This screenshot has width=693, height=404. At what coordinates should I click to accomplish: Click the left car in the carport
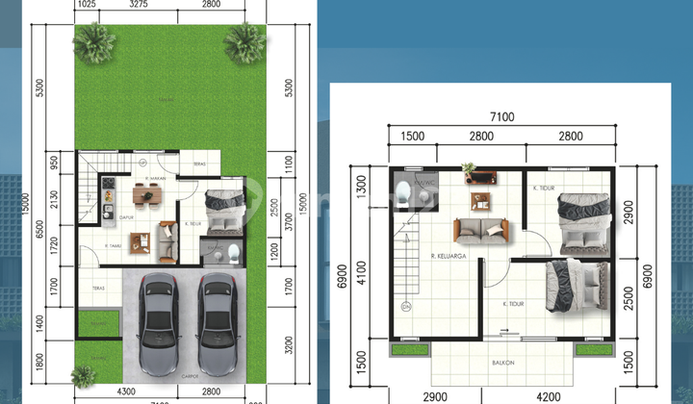point(156,323)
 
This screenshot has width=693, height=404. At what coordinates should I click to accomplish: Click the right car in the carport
point(218,323)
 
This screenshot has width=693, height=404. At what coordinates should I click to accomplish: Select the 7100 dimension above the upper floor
point(501,117)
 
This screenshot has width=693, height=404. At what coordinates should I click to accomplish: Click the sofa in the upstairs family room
point(481,232)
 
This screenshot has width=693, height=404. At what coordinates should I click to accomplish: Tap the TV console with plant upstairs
point(477,175)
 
